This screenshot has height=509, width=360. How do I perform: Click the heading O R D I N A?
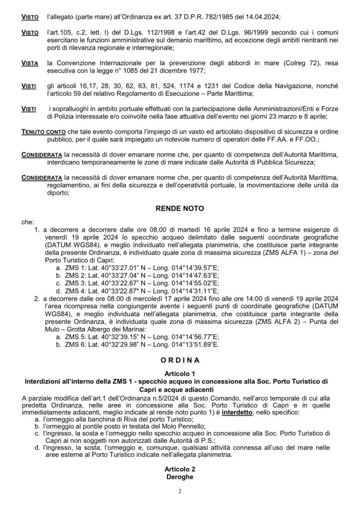180,359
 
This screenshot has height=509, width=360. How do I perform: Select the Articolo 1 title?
180,372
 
